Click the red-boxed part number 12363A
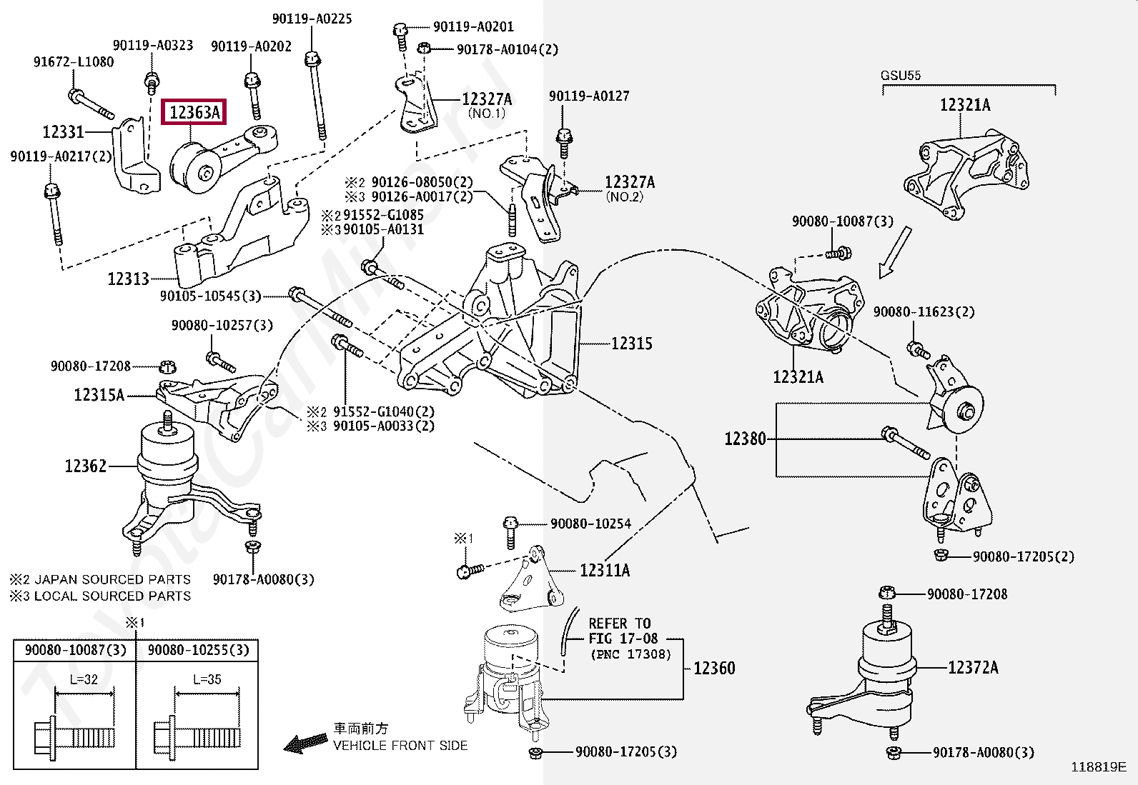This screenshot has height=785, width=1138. coord(194,112)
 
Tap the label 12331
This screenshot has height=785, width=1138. coord(64,132)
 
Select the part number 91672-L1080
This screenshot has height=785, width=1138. coord(74,62)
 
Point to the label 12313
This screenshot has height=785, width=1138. coord(129,279)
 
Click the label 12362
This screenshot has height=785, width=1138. coord(86,466)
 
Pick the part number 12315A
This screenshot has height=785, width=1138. coord(99,394)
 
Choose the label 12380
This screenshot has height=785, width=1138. coord(746,438)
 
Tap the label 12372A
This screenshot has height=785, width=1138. coord(974,667)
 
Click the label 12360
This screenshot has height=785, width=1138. coord(714,668)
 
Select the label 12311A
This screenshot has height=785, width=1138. coord(605,570)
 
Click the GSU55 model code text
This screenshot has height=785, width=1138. coord(901,76)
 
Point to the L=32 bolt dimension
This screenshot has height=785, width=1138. coord(84,679)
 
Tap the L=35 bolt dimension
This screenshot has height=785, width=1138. coord(207,679)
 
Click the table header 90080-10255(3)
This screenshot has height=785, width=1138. coord(199,650)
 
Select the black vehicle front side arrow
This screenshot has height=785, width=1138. coord(305,742)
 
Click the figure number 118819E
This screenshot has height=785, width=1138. coord(1099,766)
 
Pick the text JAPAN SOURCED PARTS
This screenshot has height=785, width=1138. coord(112,579)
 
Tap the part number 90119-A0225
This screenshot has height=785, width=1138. coord(312,19)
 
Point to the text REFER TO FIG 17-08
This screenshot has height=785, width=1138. coord(623,631)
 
